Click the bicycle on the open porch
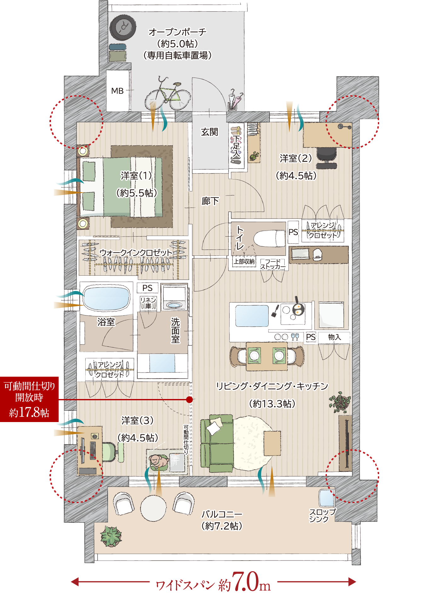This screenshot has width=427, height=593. point(168,94)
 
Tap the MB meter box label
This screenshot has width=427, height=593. point(117,91)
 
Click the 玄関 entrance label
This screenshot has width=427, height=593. point(209,132)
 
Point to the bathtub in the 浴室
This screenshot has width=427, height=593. point(106,298)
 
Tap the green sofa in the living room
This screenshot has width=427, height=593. point(217,443)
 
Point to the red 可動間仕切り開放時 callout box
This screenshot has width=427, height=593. point(29,399)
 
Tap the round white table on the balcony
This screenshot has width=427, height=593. point(153,508)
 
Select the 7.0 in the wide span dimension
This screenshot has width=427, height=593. point(245,581)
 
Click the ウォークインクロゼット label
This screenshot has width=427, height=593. point(136,253)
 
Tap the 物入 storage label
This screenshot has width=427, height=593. point(334,337)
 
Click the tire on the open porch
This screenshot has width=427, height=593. point(123,27)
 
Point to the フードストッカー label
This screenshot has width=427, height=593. point(273,264)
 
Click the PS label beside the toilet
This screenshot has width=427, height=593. point(293,232)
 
